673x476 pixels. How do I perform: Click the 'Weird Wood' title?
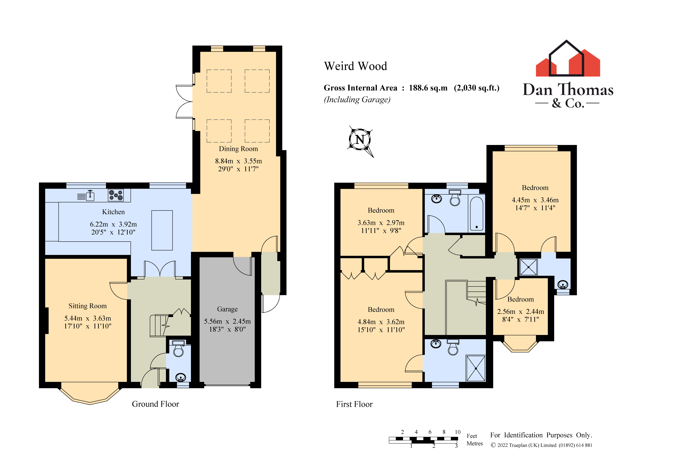pos(355,66)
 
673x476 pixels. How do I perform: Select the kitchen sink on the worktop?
pos(90,196)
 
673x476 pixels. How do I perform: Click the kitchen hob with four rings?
pos(116,195)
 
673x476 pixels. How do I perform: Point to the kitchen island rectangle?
pos(162,230)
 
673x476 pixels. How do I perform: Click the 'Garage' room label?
pos(227,309)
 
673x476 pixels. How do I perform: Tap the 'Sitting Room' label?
pos(87,306)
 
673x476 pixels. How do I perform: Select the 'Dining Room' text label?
pos(238,149)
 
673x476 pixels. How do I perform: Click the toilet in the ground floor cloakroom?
pos(178,349)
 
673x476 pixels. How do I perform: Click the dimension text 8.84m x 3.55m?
pos(238,161)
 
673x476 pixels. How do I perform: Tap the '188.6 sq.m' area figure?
pos(428,88)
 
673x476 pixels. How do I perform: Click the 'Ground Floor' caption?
pos(155,404)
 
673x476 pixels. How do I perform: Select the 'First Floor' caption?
pos(354,404)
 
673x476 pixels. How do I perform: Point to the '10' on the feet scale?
pos(458,432)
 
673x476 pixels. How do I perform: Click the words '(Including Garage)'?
pos(357,100)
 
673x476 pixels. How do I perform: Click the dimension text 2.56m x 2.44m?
pos(520,311)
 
